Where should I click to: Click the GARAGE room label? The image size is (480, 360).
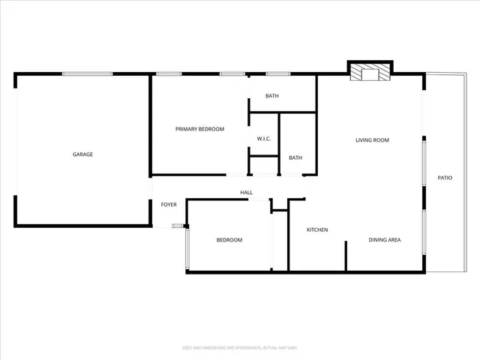click(82, 154)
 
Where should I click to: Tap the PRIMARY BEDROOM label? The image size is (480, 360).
click(199, 129)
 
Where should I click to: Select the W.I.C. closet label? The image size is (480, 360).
click(263, 139)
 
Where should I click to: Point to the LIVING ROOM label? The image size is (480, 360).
click(372, 140)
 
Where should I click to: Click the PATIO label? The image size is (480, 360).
click(445, 178)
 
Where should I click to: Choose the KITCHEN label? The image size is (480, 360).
click(317, 229)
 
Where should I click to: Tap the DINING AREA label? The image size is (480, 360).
click(385, 240)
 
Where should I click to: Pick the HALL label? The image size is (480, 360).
click(246, 193)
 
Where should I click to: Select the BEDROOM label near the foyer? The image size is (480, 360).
click(229, 240)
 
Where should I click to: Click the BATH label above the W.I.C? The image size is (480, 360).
click(272, 96)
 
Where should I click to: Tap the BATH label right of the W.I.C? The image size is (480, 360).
click(295, 157)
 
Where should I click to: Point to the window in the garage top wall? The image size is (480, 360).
click(87, 73)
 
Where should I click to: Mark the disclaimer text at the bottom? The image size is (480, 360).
click(240, 348)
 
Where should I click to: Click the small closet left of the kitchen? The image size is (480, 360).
click(279, 240)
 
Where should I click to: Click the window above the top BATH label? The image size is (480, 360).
click(278, 73)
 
